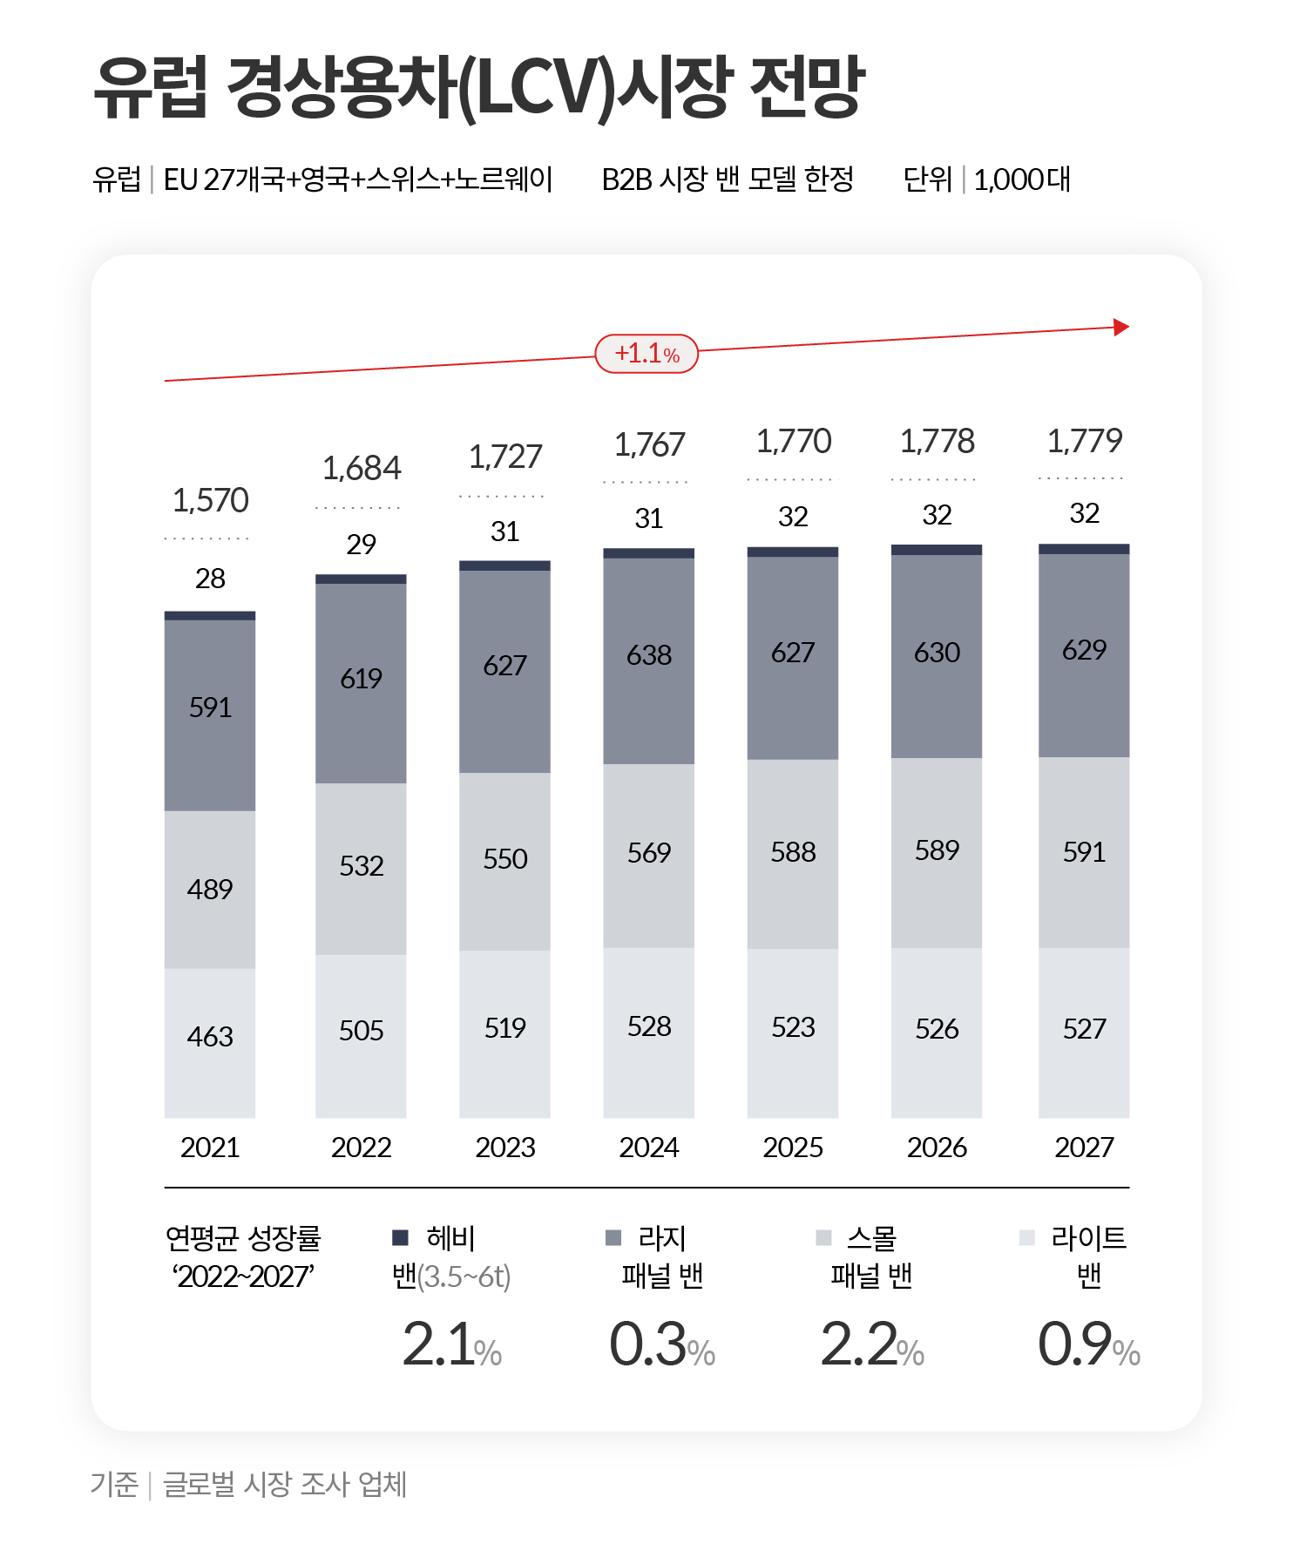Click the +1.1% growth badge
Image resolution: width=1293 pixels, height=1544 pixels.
646,354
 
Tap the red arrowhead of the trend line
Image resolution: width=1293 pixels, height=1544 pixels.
1121,328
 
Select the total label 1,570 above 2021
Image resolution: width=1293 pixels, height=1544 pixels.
210,501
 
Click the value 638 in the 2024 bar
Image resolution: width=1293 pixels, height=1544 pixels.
649,655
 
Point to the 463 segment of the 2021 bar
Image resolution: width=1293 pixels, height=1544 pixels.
210,1037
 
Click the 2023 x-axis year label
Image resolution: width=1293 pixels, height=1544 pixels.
504,1148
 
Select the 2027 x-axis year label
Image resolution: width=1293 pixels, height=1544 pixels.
1084,1148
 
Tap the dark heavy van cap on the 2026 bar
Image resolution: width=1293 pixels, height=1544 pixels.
937,550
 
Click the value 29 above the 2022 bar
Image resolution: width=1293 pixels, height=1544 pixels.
361,545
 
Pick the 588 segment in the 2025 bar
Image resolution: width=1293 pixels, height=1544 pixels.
793,852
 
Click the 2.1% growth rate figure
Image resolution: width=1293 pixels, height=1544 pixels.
451,1344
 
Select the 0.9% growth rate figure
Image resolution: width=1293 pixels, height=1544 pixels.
1088,1344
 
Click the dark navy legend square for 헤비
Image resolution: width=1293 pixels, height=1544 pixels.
401,1237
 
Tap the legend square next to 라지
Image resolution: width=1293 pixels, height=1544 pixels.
613,1237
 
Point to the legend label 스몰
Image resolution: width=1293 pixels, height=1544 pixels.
871,1237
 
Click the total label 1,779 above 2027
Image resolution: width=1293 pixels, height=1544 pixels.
1084,441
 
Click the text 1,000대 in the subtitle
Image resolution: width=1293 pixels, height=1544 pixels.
1021,179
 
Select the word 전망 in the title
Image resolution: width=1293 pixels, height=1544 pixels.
807,87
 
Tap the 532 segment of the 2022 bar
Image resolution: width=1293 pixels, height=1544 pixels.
361,866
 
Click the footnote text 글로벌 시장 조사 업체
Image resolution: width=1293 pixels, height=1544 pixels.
285,1484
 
